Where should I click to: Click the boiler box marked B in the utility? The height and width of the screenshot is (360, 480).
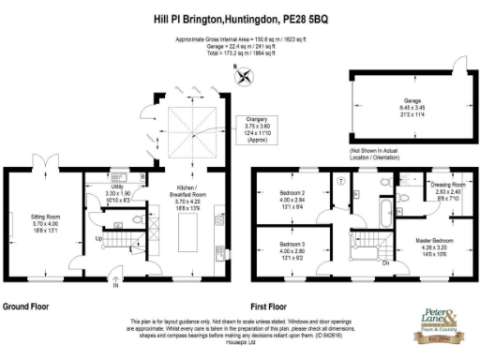[142, 176]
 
